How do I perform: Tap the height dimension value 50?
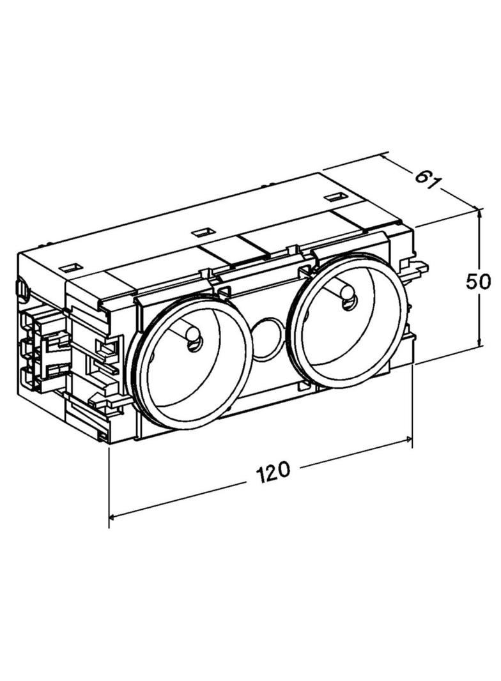point(478,281)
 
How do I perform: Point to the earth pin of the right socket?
point(348,295)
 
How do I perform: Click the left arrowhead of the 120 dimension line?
point(113,516)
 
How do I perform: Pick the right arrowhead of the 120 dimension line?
point(408,440)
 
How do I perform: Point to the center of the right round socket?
point(346,319)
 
